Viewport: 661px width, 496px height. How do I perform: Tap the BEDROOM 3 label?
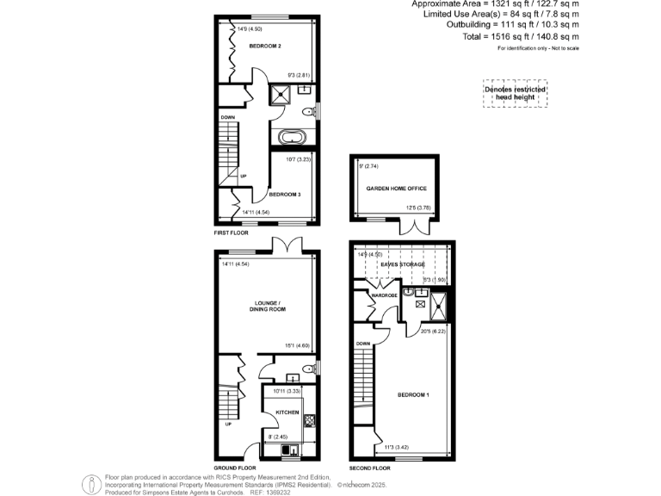285,195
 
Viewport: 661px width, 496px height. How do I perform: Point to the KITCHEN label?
287,413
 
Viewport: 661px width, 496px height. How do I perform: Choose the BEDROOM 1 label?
414,394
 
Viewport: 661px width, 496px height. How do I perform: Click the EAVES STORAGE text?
403,263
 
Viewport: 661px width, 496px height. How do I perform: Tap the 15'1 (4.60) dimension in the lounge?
299,347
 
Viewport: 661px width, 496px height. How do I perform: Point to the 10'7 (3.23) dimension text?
285,158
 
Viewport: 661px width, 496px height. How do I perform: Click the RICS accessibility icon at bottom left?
90,484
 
